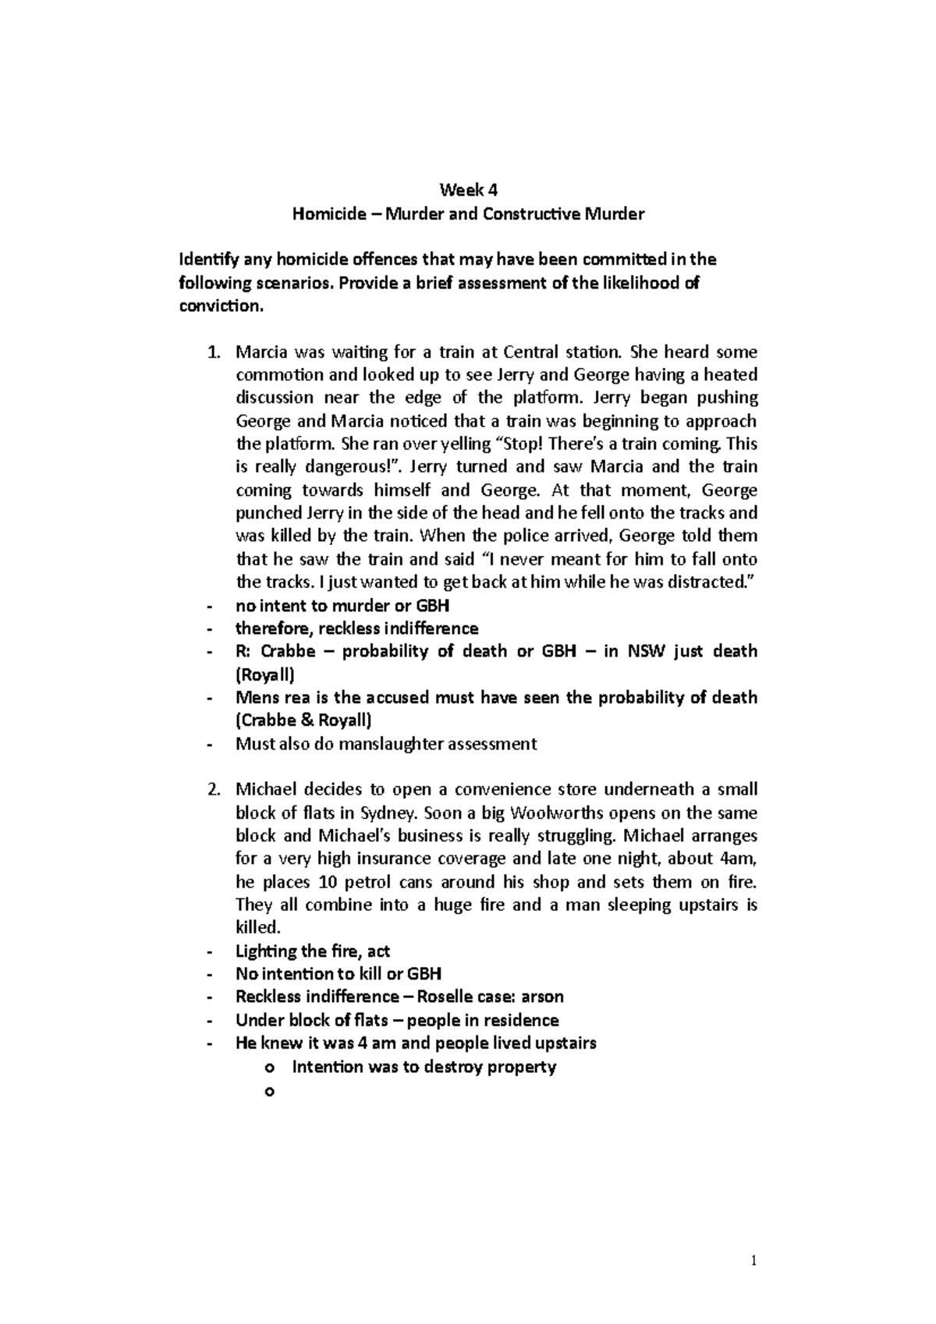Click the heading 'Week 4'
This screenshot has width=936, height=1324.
pos(468,189)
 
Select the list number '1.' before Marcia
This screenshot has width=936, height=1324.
pos(215,352)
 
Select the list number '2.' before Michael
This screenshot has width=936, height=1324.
pos(215,789)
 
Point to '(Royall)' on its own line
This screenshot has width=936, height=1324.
pos(265,674)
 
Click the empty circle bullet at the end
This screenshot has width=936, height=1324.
pos(270,1092)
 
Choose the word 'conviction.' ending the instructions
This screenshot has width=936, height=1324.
pos(222,306)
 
